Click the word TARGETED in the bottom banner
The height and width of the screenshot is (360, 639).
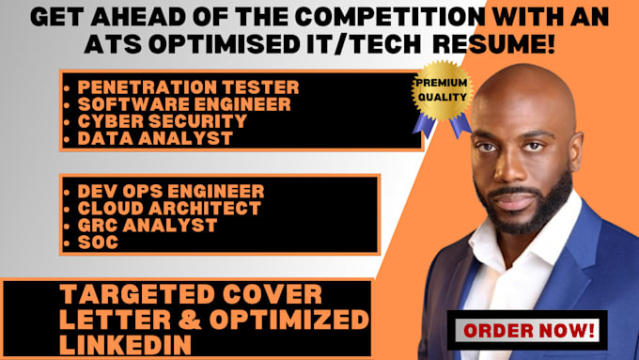coord(117,293)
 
